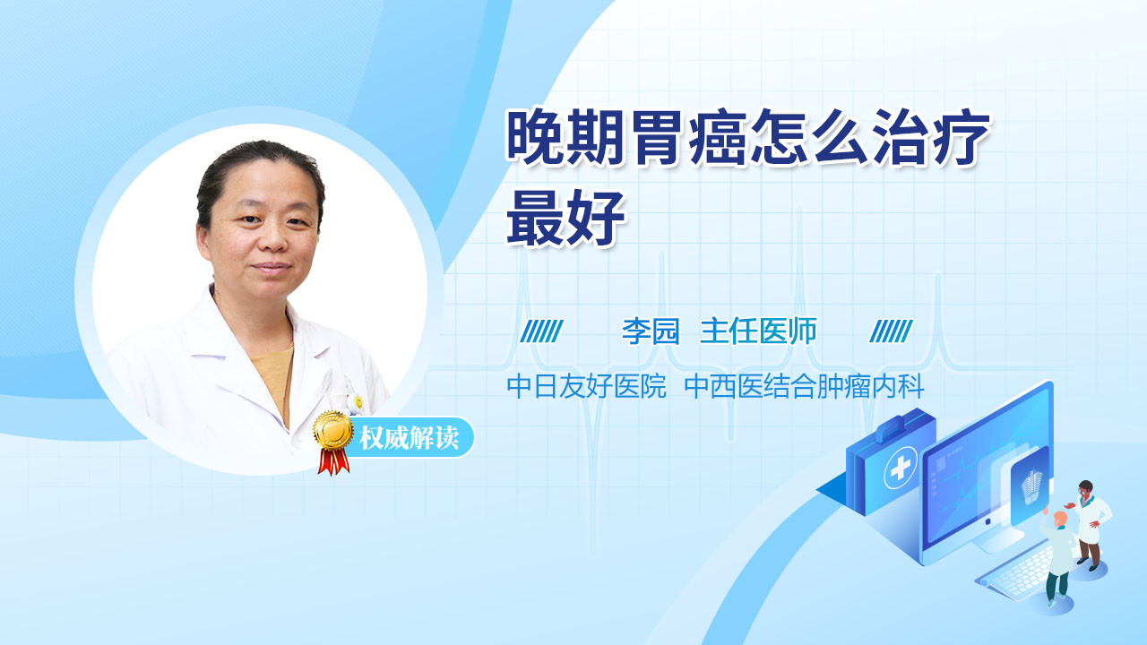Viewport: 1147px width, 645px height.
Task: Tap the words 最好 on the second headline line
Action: point(565,217)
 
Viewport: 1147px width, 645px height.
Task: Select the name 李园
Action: point(651,331)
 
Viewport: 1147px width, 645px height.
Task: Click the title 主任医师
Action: point(758,331)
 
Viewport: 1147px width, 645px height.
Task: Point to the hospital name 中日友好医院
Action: point(587,386)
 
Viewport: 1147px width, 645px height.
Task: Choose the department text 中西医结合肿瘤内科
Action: point(805,386)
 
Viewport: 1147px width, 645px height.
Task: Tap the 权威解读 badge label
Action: point(410,438)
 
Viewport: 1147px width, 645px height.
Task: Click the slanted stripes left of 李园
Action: point(542,331)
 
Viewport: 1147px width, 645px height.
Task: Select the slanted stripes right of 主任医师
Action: point(891,331)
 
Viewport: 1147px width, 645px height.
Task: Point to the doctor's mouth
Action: point(272,268)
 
